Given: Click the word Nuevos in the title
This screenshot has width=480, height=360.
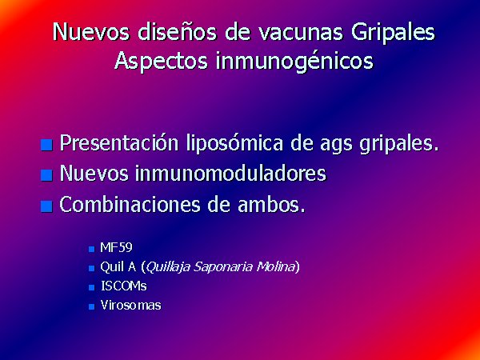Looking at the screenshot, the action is point(91,31).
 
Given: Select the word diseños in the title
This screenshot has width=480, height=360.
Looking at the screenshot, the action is point(178,31).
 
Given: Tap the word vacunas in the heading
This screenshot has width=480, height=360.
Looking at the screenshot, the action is point(299,31).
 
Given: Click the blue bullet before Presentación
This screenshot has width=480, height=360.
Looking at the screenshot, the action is point(46,145).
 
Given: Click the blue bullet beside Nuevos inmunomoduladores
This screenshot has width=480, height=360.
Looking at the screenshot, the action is point(46,175).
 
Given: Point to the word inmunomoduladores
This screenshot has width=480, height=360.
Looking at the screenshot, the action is point(231,174).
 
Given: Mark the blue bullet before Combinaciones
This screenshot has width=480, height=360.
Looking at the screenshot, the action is point(46,206).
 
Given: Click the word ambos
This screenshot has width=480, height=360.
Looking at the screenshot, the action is point(272,204).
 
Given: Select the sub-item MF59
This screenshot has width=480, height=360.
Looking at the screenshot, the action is point(116,248).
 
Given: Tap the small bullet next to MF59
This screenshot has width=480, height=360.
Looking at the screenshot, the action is point(91,249).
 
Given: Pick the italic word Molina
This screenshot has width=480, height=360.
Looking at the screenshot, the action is point(275,267).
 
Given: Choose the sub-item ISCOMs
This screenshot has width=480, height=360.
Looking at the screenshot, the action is point(124,286).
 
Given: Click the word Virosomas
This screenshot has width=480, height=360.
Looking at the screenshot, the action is point(130,306).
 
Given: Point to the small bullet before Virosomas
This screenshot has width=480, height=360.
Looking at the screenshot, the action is point(91,306).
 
